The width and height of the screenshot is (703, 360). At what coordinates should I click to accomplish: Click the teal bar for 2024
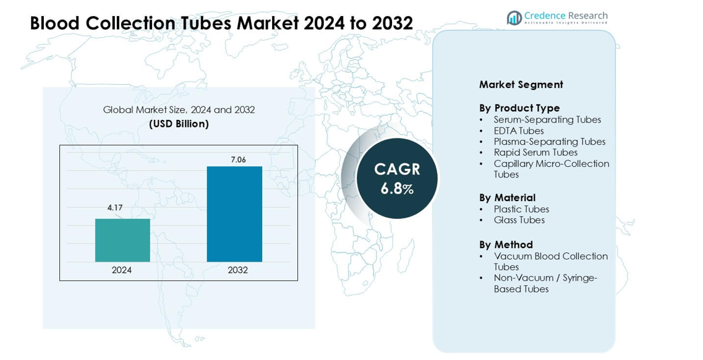click(122, 240)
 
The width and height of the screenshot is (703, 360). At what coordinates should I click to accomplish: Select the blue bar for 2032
click(234, 213)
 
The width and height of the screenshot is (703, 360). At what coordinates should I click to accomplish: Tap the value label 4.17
click(115, 208)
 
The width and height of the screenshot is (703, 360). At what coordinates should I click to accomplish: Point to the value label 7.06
click(238, 160)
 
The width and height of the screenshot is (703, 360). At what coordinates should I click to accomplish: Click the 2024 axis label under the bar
click(122, 270)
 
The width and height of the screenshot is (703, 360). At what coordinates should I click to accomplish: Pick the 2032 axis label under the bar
click(238, 270)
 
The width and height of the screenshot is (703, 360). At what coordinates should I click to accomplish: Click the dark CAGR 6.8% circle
click(397, 178)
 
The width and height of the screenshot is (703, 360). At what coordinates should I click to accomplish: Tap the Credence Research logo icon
click(514, 18)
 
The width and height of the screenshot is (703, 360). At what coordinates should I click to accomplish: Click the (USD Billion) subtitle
click(179, 124)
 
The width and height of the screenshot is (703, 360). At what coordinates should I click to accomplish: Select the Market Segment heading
click(521, 85)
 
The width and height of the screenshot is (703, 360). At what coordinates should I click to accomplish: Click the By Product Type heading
click(519, 108)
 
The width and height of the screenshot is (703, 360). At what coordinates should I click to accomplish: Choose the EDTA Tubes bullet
click(519, 131)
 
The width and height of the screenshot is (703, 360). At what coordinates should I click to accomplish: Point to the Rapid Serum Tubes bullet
click(535, 153)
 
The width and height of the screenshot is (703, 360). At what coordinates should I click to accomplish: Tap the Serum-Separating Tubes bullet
click(547, 120)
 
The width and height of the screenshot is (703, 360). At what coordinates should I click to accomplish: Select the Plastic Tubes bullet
click(521, 210)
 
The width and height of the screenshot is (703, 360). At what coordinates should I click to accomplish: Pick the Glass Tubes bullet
click(519, 220)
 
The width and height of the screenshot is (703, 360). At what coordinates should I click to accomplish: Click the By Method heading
click(506, 245)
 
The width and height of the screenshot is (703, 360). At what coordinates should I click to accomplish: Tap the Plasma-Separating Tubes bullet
click(550, 142)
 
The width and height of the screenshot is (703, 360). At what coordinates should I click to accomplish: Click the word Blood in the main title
click(55, 24)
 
